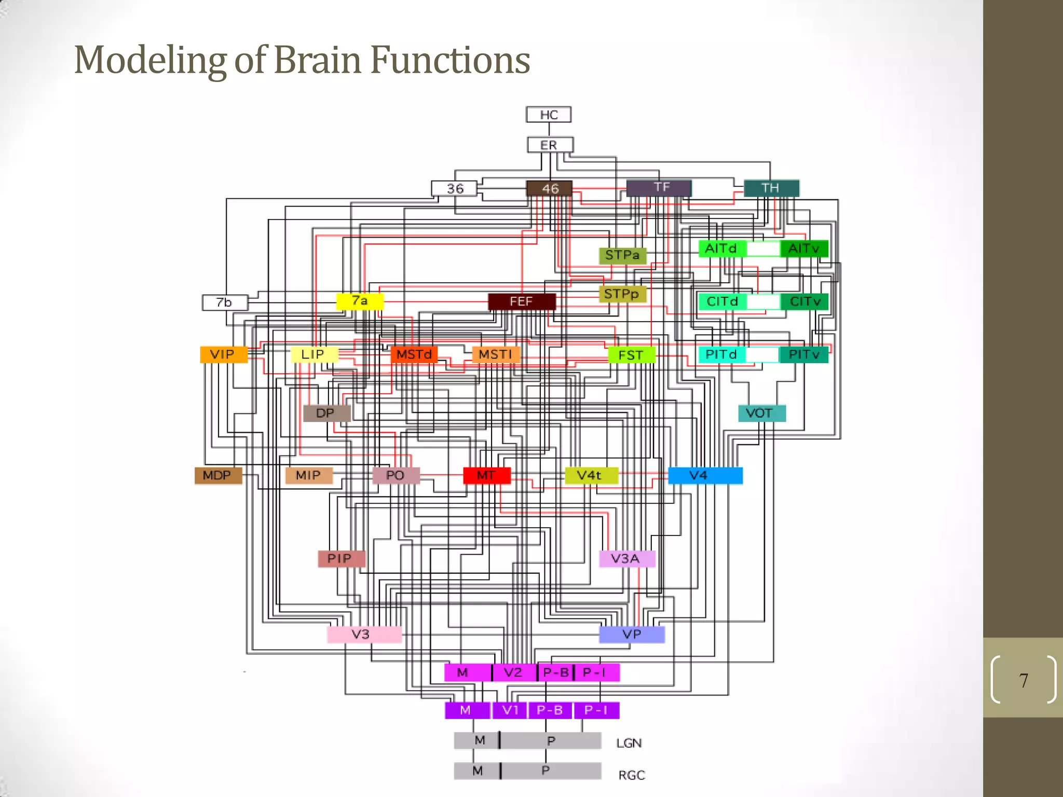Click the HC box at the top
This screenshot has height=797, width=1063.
point(549,115)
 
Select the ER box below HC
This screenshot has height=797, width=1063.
point(550,145)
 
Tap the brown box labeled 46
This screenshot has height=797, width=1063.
point(549,188)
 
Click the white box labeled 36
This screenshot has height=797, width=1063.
point(454,188)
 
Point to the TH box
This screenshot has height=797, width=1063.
point(771,188)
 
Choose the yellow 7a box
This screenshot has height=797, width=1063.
point(360,301)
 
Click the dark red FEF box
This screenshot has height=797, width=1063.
point(522,301)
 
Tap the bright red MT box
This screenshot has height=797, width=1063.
point(486,475)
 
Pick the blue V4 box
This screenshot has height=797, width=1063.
point(705,475)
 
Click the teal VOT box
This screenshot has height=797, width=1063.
point(761,413)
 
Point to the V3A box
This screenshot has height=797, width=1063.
point(626,559)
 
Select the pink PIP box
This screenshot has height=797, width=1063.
point(341,559)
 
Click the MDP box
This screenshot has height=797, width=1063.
point(218,475)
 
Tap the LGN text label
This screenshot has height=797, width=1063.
point(629,743)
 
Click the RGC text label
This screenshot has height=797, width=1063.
point(631,775)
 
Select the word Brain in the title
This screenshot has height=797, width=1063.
point(317,60)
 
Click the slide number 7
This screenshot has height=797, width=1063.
point(1023,680)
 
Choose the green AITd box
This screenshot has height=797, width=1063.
point(721,249)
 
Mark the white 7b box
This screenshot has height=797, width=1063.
point(224,302)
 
